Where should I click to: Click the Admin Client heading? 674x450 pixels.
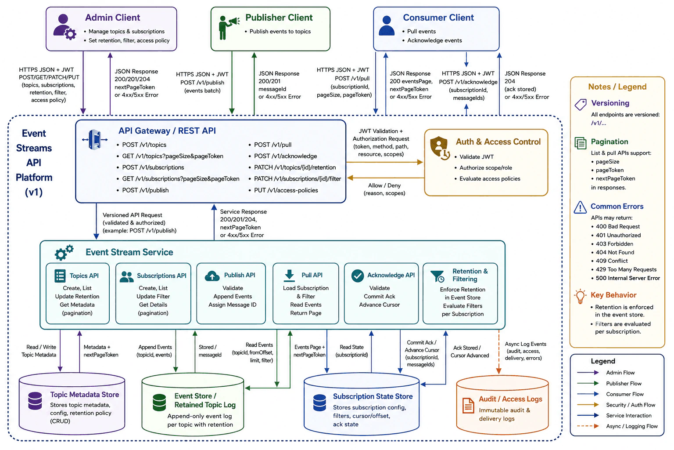112,18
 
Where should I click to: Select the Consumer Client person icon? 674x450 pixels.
386,26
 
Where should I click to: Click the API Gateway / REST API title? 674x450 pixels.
167,131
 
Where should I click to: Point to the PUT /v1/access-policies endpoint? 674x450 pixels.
286,190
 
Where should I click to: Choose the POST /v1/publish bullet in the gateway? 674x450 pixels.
145,190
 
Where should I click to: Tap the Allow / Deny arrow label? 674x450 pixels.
384,189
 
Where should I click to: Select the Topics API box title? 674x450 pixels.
84,276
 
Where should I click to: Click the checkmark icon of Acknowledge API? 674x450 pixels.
358,276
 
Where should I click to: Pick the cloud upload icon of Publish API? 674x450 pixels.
212,276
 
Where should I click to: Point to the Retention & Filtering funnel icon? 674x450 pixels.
437,276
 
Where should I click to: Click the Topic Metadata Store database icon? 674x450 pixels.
35,401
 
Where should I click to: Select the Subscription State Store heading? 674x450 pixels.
373,396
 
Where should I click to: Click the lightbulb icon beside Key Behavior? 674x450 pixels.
580,296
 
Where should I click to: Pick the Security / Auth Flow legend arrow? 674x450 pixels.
588,405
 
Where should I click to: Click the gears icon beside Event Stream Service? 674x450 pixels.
64,253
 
